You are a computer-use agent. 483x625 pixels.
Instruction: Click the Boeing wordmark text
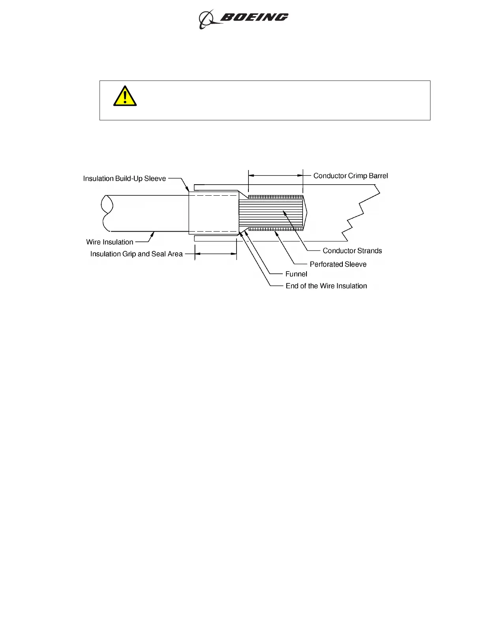254,17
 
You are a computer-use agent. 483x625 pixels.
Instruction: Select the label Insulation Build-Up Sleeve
124,179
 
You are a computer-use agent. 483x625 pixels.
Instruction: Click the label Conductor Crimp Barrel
350,176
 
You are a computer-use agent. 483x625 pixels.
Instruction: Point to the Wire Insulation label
109,242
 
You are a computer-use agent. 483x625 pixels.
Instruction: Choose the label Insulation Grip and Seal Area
136,254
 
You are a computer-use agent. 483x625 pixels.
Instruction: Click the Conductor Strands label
352,251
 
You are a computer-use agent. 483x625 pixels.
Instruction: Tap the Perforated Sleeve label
338,264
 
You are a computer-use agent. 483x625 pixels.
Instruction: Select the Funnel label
296,274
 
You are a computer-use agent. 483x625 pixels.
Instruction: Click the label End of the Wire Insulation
326,286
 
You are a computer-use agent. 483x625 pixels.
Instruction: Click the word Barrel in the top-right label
379,176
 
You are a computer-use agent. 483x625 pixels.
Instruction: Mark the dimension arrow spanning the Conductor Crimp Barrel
275,175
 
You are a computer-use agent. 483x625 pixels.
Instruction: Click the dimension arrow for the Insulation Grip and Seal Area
216,254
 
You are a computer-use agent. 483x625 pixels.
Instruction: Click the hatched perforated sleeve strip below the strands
275,229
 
